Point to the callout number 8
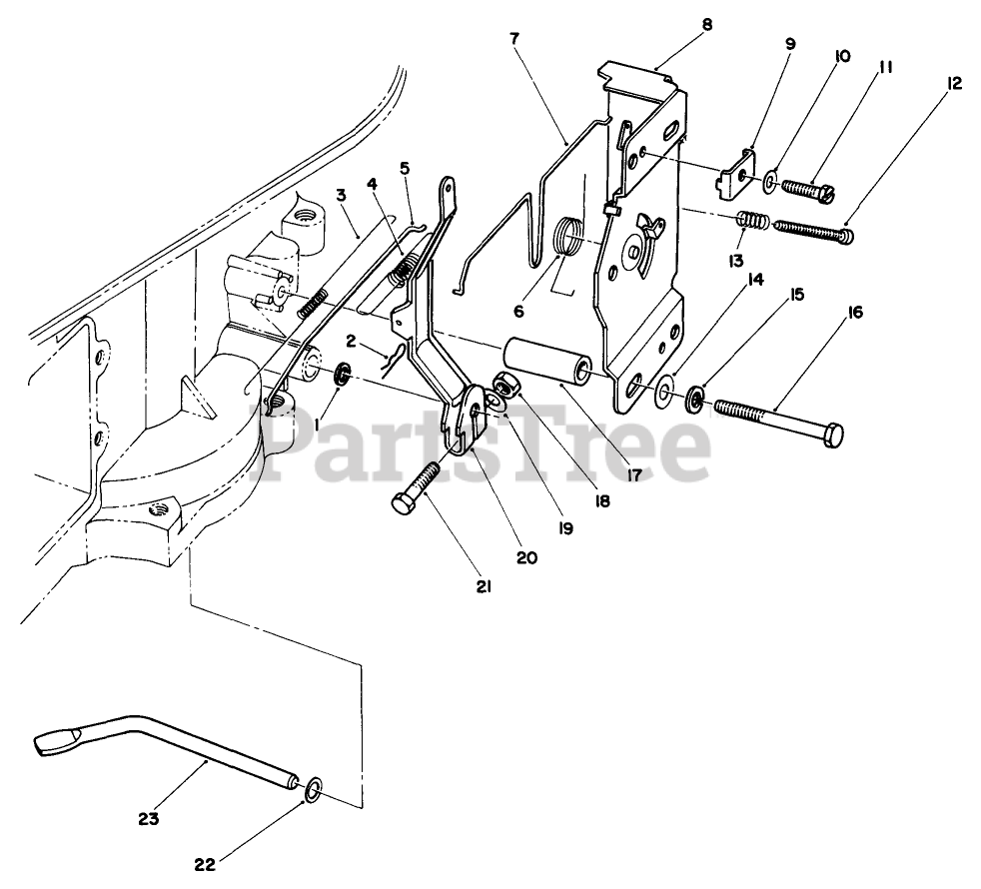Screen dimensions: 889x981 pos(707,23)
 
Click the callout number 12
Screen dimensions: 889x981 pos(955,84)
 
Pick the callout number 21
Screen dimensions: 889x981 pos(484,587)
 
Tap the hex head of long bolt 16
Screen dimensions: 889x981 pos(833,435)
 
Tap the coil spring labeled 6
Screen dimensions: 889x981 pos(567,241)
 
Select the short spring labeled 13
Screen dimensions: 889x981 pos(753,221)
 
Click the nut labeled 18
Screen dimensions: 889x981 pos(504,384)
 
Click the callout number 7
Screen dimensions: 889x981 pos(513,39)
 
